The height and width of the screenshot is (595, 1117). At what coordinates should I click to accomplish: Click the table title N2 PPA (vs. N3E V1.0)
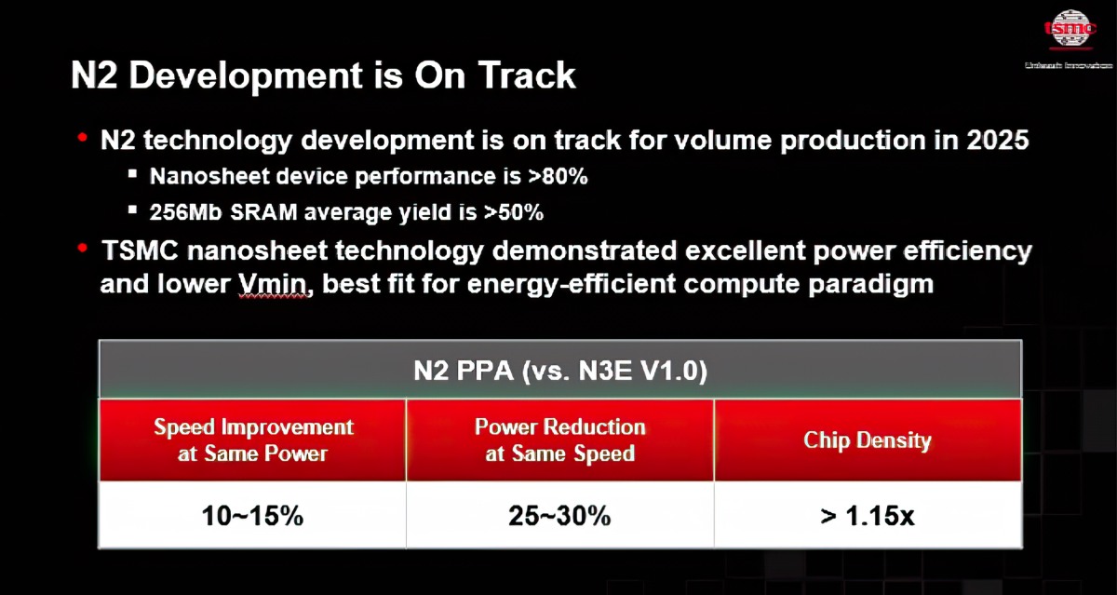click(559, 372)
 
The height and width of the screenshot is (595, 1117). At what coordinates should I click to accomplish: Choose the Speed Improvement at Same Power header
click(253, 440)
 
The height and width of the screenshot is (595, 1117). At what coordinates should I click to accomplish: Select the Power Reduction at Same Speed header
click(559, 440)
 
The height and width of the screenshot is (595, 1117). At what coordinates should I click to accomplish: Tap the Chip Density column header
click(867, 440)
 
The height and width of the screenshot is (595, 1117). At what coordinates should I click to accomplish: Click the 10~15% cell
click(253, 516)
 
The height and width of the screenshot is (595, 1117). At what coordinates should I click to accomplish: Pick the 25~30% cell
click(559, 516)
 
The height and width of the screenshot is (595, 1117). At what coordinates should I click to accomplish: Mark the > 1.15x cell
click(867, 516)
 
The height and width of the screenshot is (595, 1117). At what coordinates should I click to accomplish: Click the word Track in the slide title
click(527, 76)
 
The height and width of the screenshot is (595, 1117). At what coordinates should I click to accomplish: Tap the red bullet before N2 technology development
click(83, 138)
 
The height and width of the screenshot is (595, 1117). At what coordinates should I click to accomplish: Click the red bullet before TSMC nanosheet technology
click(83, 249)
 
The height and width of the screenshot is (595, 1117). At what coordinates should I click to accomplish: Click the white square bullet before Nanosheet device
click(133, 174)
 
